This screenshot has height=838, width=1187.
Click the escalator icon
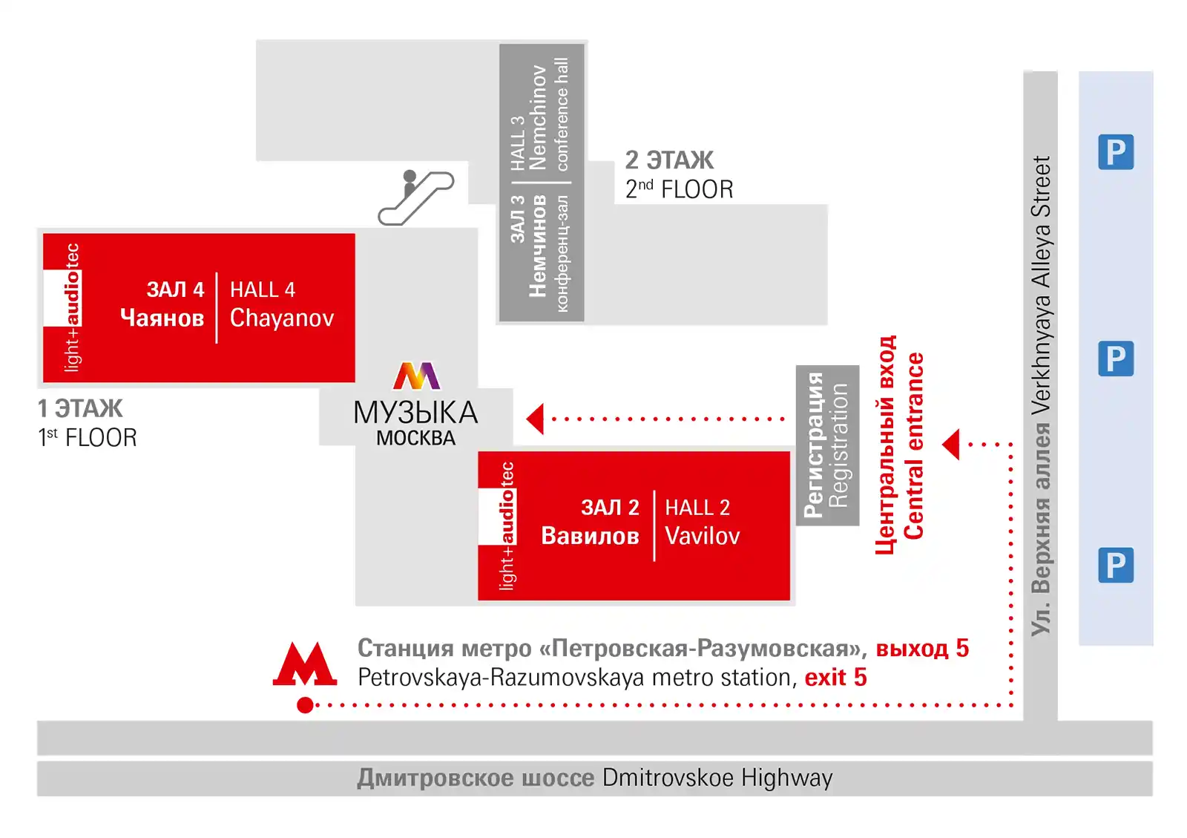[x=416, y=197]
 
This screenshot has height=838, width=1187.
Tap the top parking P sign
[x=1116, y=151]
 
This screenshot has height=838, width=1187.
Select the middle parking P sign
[x=1116, y=359]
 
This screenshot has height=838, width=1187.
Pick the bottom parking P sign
[x=1116, y=565]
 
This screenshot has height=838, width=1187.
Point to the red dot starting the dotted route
[x=305, y=705]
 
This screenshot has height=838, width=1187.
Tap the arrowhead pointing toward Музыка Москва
[x=535, y=419]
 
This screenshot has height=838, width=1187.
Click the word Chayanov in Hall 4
[x=282, y=318]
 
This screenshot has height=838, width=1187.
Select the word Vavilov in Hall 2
[x=702, y=536]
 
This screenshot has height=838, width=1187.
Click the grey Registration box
[x=827, y=445]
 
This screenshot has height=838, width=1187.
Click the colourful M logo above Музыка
[x=416, y=376]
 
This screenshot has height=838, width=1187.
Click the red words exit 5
[x=835, y=678]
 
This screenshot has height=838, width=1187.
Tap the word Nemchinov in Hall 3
[x=538, y=117]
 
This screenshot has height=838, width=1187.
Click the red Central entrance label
[x=913, y=446]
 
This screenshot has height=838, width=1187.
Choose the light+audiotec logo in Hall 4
[x=72, y=307]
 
